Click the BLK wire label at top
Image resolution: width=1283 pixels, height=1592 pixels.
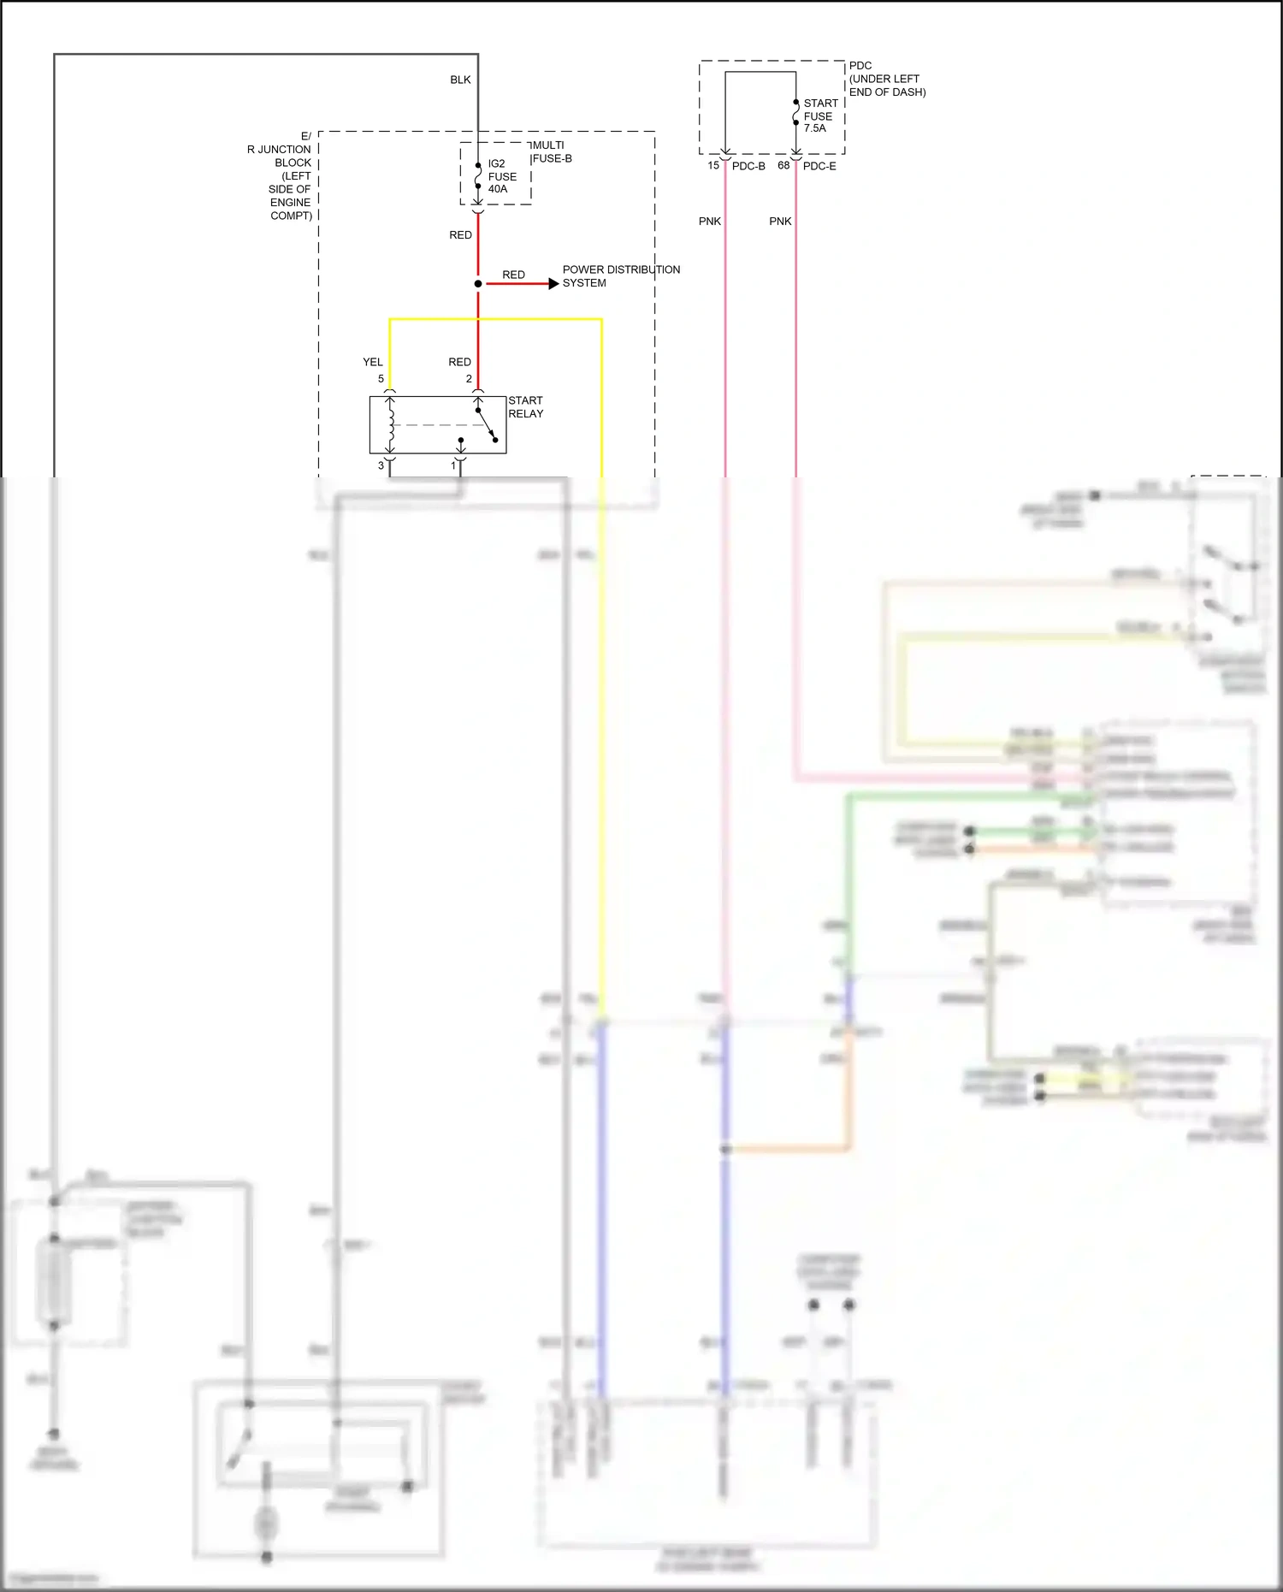point(460,80)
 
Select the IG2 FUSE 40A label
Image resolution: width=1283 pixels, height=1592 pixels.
point(501,176)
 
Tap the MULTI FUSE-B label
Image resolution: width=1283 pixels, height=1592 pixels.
point(551,151)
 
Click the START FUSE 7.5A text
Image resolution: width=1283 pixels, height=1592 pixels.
point(819,115)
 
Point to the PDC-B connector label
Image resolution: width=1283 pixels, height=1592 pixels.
point(748,166)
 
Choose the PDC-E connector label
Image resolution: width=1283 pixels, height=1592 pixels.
point(819,166)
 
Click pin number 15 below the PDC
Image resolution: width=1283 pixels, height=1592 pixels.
point(713,165)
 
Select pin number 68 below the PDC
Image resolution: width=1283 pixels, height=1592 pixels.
point(783,165)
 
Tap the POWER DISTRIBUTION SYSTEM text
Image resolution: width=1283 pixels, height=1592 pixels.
point(620,275)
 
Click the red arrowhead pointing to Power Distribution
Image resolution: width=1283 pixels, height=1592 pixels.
point(553,283)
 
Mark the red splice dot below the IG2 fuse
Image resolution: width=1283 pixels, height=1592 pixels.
point(478,283)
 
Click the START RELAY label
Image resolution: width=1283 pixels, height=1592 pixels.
point(525,406)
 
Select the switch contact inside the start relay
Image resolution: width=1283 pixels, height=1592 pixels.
point(487,424)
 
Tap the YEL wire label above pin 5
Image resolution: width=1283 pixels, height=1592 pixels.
point(373,362)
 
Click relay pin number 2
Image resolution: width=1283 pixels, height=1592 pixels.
point(469,378)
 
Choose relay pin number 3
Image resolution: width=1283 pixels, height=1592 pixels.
point(381,465)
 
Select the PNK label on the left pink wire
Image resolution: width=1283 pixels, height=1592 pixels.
point(710,221)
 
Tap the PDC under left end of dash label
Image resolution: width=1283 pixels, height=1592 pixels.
point(886,79)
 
